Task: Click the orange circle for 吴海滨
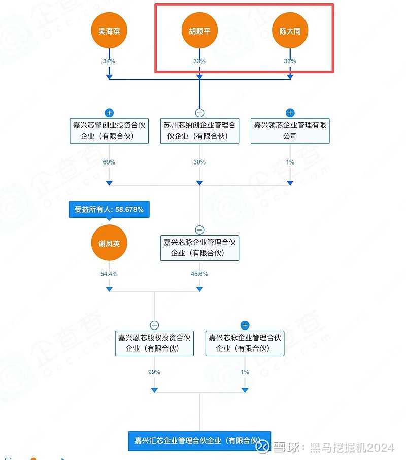[x=109, y=30]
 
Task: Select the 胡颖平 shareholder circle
[x=199, y=30]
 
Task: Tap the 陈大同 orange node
[x=290, y=30]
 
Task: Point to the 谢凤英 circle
[x=109, y=243]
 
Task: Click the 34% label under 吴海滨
[x=109, y=61]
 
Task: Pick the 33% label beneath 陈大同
[x=290, y=61]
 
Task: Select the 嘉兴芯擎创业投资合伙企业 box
[x=109, y=130]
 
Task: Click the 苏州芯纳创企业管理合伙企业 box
[x=199, y=130]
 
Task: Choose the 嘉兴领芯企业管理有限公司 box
[x=290, y=130]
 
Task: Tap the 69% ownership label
[x=109, y=162]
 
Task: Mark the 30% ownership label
[x=199, y=162]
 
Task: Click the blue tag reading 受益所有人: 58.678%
[x=109, y=210]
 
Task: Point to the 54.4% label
[x=109, y=274]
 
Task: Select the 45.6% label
[x=199, y=274]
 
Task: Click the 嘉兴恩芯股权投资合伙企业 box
[x=154, y=343]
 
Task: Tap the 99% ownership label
[x=154, y=372]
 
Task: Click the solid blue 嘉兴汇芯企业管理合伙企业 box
[x=199, y=441]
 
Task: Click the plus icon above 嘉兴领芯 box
[x=290, y=113]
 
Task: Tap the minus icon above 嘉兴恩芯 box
[x=154, y=325]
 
